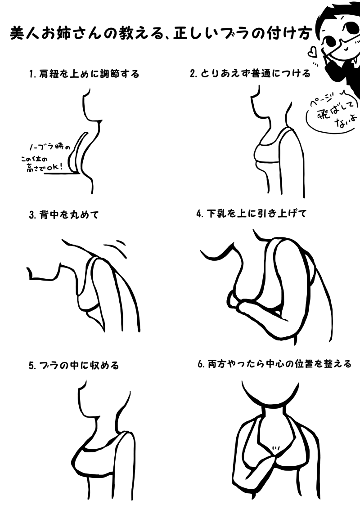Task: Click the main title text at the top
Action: tap(160, 33)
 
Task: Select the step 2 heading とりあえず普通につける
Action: tap(250, 73)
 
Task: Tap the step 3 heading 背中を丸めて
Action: tap(64, 215)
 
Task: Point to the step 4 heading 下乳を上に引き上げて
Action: tap(252, 214)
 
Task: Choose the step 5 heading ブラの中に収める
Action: tap(74, 366)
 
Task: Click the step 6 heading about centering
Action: tap(275, 364)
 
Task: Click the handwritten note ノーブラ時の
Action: tap(49, 147)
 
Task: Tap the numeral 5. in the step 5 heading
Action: tap(32, 366)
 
